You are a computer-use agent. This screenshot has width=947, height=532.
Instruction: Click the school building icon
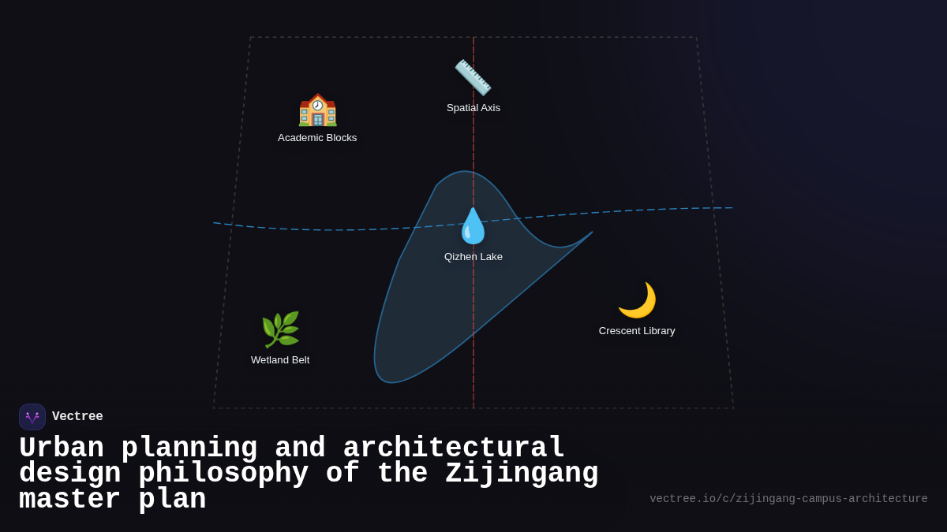click(317, 110)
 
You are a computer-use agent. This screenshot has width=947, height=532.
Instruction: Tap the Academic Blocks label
click(317, 138)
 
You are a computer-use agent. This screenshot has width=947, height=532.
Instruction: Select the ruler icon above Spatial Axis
click(473, 77)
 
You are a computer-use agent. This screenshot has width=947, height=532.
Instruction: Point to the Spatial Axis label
click(473, 108)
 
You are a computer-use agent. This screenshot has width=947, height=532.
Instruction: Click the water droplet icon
click(473, 226)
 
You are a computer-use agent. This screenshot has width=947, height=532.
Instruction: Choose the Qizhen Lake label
click(473, 257)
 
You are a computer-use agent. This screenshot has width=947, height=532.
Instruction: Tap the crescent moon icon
click(637, 300)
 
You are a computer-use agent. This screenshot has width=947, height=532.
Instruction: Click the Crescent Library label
click(637, 331)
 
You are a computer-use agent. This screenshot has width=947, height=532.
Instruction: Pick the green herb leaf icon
click(280, 329)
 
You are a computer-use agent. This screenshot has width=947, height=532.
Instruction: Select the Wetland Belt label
click(280, 360)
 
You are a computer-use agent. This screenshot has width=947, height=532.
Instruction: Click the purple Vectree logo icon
click(32, 417)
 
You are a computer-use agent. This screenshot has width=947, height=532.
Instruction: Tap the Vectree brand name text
click(77, 417)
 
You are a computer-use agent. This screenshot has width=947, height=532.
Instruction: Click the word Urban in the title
click(62, 448)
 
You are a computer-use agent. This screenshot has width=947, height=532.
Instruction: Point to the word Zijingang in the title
click(522, 474)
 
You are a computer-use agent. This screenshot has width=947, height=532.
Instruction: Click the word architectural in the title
click(454, 448)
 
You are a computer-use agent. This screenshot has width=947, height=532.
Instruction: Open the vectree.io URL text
click(788, 499)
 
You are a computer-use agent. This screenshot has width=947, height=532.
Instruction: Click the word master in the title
click(69, 500)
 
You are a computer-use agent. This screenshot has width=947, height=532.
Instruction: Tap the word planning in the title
click(189, 448)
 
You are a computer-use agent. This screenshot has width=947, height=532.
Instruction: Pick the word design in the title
click(69, 474)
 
